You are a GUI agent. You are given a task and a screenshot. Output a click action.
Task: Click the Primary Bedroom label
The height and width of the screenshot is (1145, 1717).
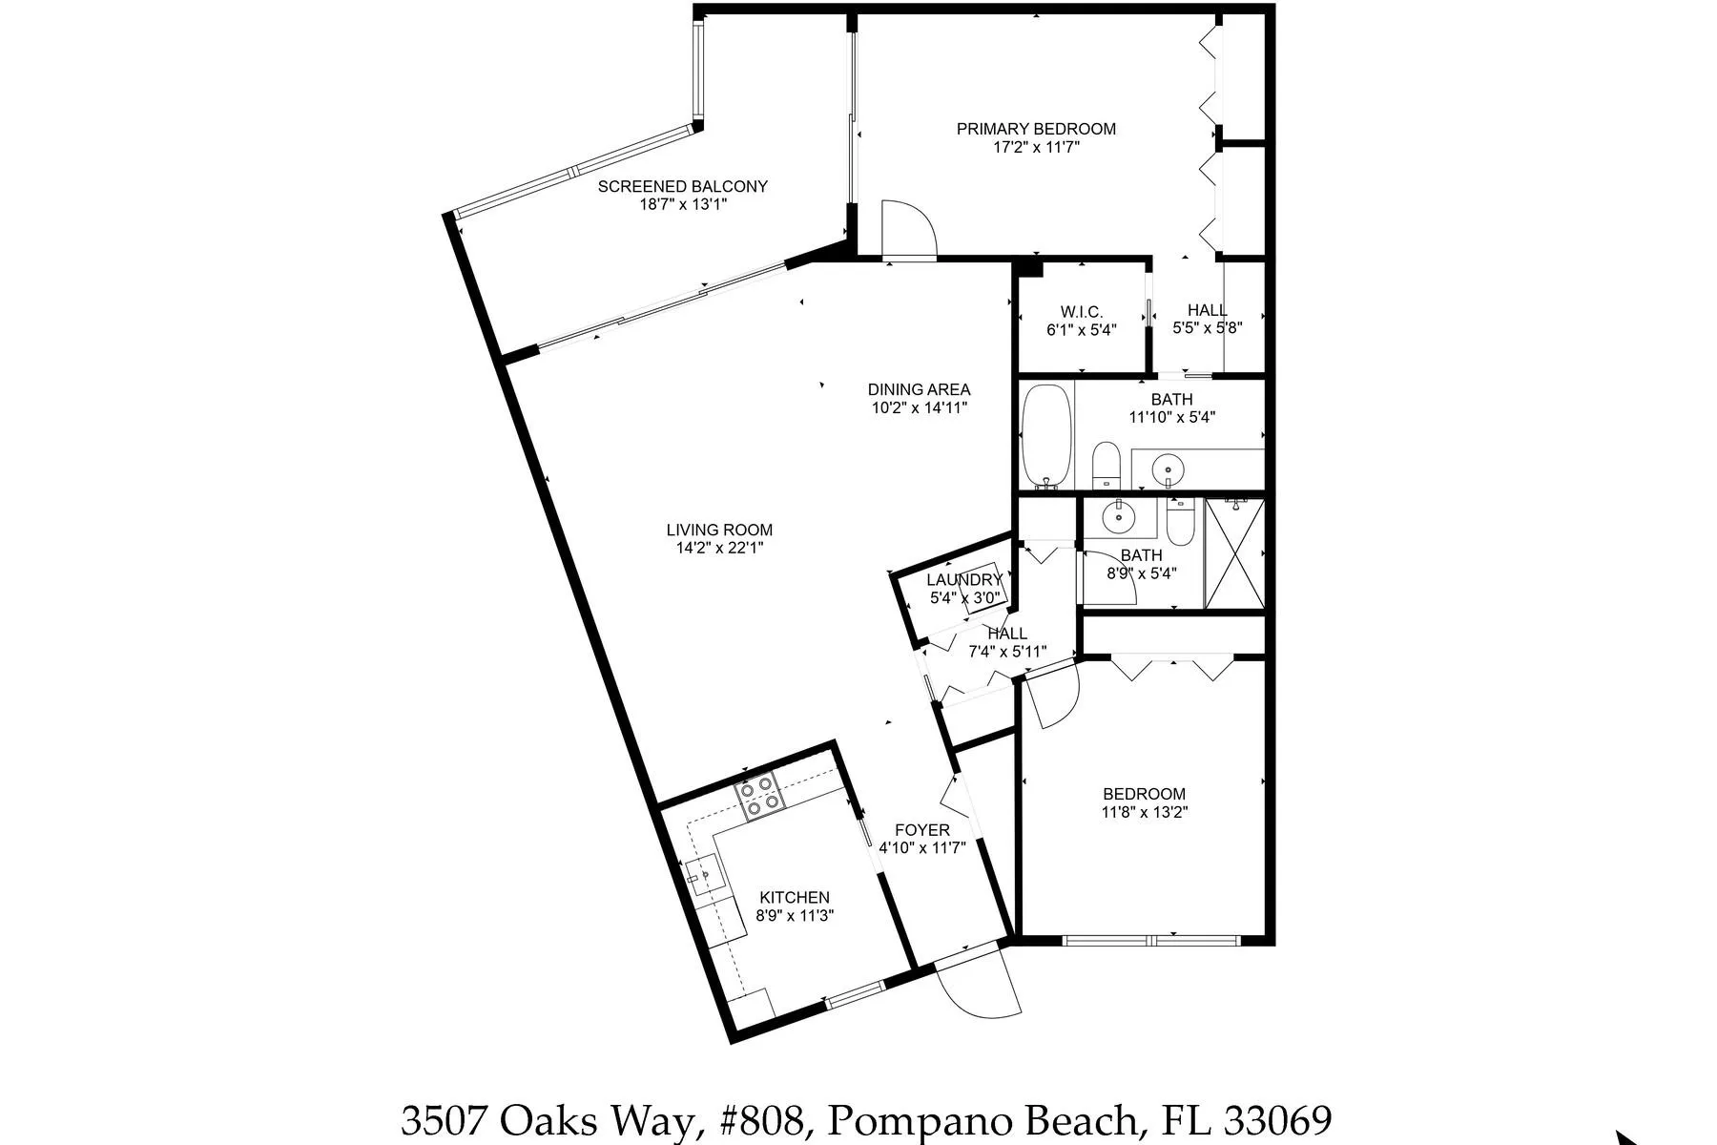[1036, 129]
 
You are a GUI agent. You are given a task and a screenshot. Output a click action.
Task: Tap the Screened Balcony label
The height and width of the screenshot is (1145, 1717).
[682, 186]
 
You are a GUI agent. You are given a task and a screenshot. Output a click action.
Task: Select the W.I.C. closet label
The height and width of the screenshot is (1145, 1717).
[1081, 312]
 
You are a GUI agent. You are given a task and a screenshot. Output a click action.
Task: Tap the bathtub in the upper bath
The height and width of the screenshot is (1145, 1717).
[1046, 436]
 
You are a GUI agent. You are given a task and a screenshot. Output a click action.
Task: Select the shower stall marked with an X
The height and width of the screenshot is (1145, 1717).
[1234, 553]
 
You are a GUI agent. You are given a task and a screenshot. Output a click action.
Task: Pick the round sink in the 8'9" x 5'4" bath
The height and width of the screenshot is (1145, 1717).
[1117, 519]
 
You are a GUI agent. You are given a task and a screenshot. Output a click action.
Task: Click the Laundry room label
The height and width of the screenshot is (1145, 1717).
[964, 580]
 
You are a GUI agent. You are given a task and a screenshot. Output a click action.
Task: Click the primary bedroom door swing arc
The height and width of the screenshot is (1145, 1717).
[908, 229]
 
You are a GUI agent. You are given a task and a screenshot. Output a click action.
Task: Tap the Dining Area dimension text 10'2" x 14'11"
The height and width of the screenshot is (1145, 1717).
[919, 408]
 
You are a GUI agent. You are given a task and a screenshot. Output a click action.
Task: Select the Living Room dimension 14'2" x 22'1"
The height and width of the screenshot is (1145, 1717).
[719, 549]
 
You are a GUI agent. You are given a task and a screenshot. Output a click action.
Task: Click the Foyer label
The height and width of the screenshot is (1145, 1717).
[922, 830]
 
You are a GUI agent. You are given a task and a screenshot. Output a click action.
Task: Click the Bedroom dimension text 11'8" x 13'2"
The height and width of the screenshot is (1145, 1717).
[1144, 813]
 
